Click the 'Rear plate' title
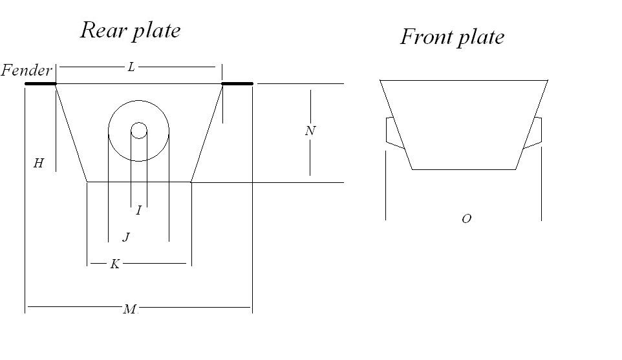130,30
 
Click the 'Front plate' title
452,37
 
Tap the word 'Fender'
27,70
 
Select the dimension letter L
131,67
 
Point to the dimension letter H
39,164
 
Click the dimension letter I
138,211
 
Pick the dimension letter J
126,238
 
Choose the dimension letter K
114,264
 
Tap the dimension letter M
130,310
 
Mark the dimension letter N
310,131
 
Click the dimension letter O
466,219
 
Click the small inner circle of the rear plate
138,131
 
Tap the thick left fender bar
40,83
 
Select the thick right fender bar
237,83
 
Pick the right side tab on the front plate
534,132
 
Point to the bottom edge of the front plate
464,169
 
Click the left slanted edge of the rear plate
71,132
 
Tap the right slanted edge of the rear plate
207,132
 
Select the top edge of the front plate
464,80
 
